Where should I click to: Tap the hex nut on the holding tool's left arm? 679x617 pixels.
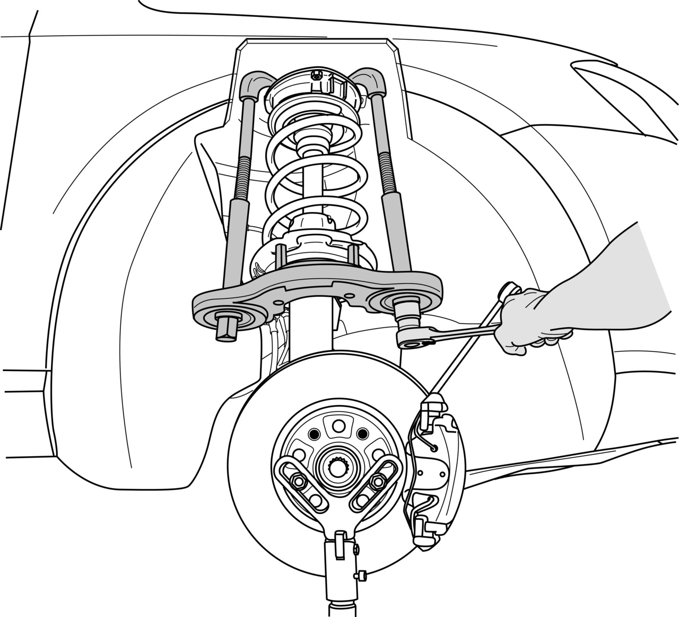click(x=298, y=482)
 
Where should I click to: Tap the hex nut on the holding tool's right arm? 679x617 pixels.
click(x=378, y=482)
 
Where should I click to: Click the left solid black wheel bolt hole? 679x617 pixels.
click(x=315, y=434)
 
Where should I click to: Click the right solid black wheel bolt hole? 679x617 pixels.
click(x=362, y=434)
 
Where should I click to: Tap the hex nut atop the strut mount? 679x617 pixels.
click(x=317, y=76)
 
